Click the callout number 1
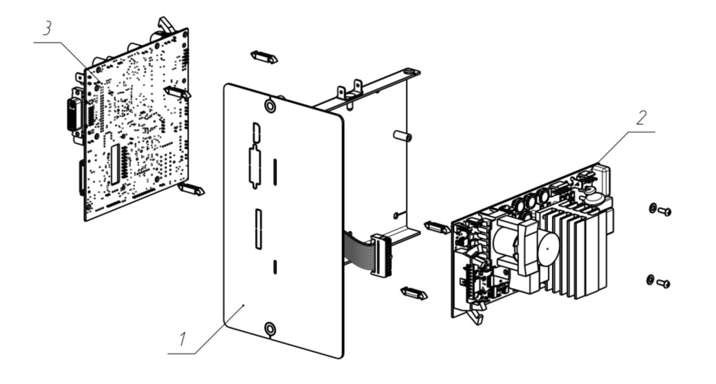[x=182, y=340]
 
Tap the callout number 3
[x=47, y=28]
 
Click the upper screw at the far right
[x=664, y=211]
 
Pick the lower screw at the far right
[x=664, y=284]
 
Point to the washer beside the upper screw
[x=652, y=208]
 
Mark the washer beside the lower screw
[x=650, y=279]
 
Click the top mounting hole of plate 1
[x=270, y=106]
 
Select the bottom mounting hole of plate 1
[x=271, y=329]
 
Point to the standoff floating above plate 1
[x=264, y=57]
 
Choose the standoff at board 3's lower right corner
[x=191, y=188]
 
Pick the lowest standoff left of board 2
[x=414, y=293]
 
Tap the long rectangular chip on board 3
[x=116, y=164]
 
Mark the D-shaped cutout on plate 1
[x=256, y=132]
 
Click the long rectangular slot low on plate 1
[x=258, y=229]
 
